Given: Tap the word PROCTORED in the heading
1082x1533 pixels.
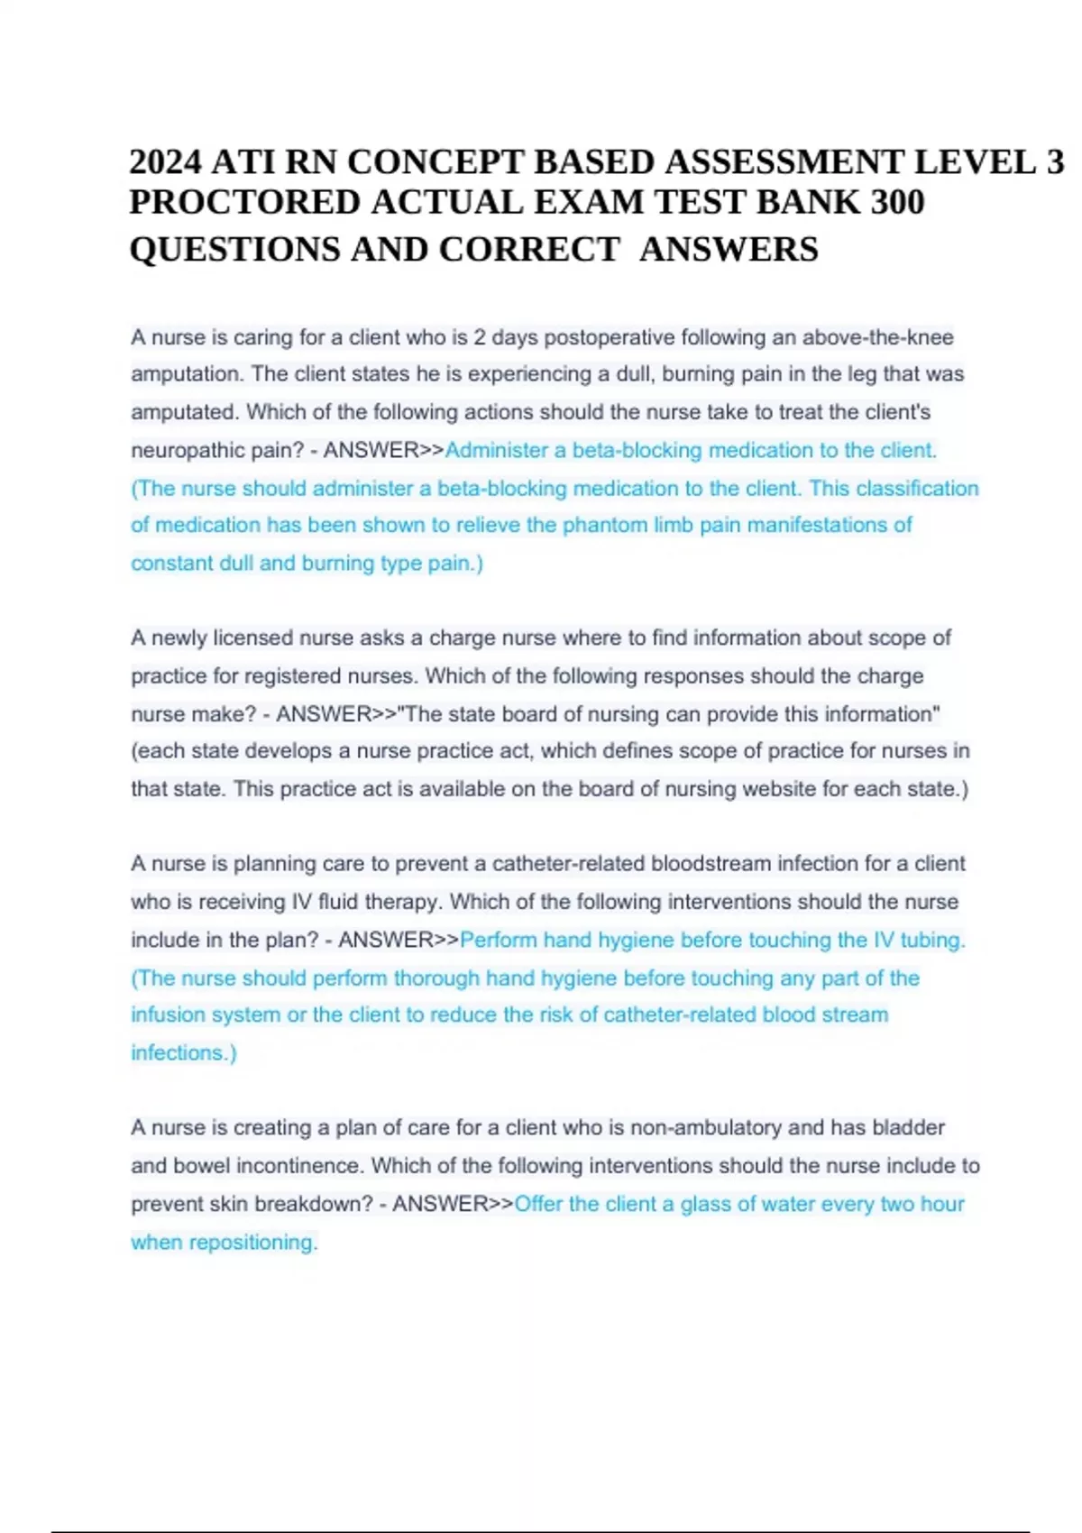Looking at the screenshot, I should [245, 203].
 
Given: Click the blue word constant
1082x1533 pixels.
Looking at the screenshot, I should [170, 564].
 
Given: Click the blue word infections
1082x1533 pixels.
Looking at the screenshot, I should [182, 1053].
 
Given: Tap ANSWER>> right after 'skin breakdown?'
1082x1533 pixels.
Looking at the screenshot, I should [453, 1205].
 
